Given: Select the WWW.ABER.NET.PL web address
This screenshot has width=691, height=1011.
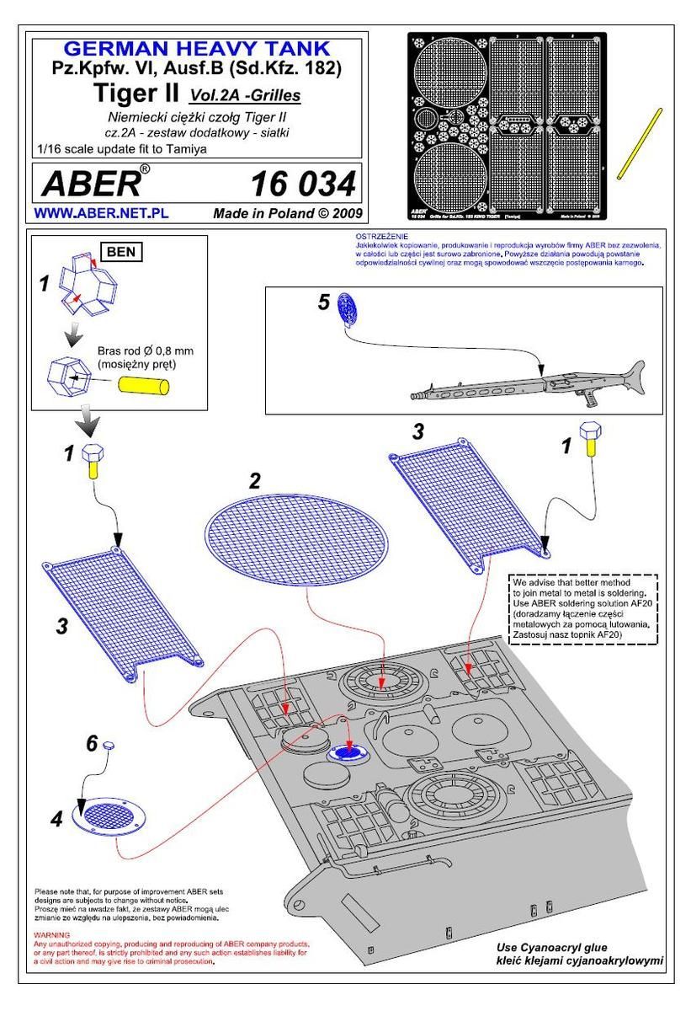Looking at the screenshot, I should [100, 214].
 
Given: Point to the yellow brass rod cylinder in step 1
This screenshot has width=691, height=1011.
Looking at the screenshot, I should [145, 385].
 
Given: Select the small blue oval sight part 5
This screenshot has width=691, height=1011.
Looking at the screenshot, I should [347, 308].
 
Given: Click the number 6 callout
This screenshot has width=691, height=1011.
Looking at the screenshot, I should [93, 743].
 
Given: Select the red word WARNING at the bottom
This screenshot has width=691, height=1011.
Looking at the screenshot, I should [50, 936].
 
